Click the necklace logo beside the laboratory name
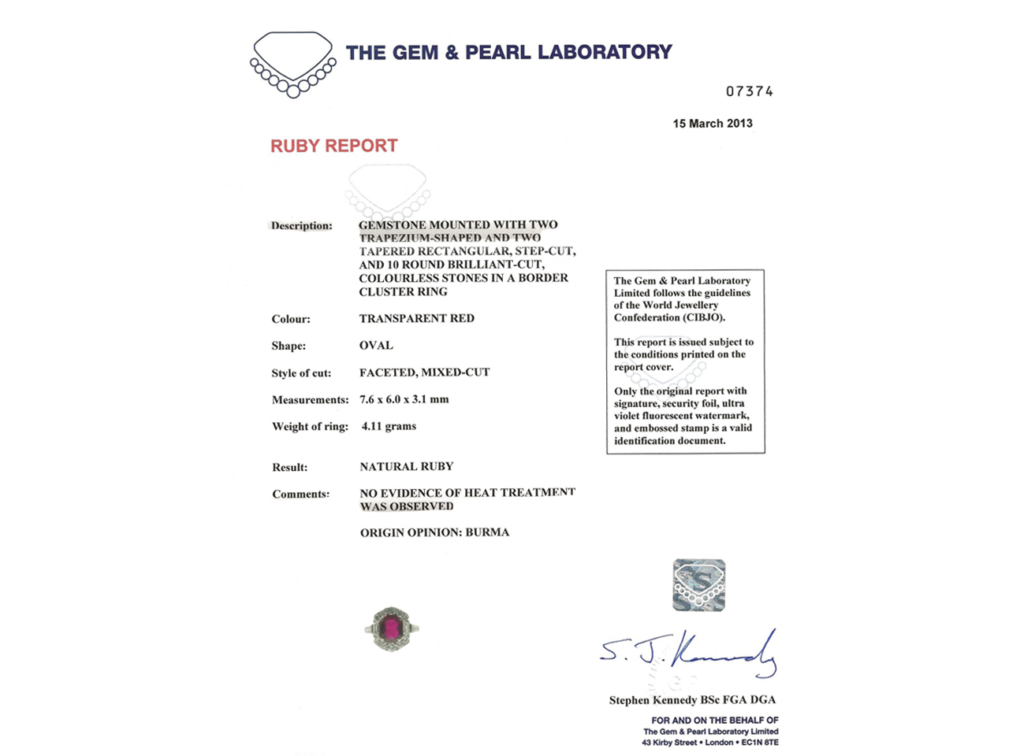point(292,64)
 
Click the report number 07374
point(749,91)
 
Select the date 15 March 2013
point(712,124)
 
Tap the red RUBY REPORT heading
point(333,146)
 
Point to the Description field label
point(301,226)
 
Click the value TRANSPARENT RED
point(416,319)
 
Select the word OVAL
point(376,346)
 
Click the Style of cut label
point(301,373)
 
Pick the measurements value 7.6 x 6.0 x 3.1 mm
point(404,399)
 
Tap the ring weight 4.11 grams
point(389,426)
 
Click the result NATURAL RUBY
point(406,467)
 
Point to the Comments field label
point(300,495)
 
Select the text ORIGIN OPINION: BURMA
point(434,532)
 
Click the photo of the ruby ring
point(391,628)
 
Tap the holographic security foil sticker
point(699,585)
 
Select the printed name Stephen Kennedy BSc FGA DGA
point(692,700)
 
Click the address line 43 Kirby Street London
point(709,743)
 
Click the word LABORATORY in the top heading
point(605,53)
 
